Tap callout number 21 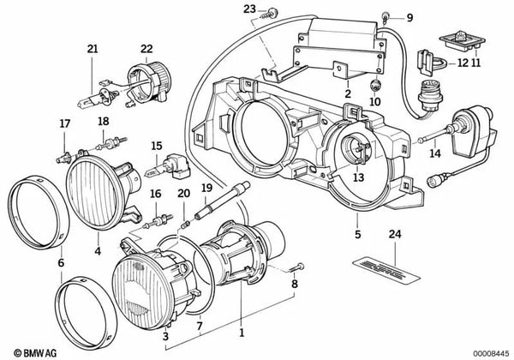point(93,49)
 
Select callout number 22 point(147,49)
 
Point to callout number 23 point(248,9)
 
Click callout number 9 point(409,17)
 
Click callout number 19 point(206,186)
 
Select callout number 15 point(157,146)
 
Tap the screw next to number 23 point(272,11)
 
